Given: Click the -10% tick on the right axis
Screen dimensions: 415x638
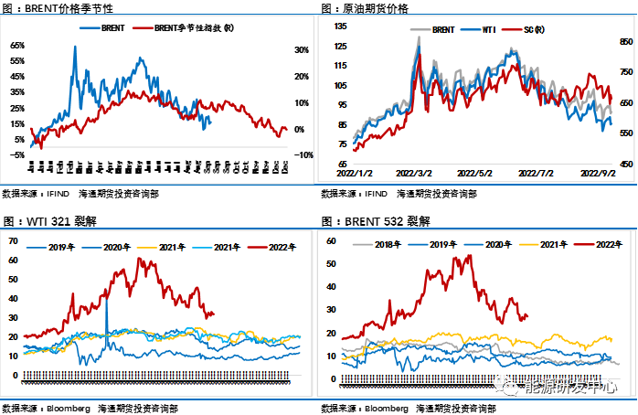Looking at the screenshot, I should [x=305, y=154].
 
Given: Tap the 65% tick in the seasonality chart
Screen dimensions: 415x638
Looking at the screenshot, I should [x=17, y=44].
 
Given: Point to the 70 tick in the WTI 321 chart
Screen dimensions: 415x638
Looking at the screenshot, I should [x=14, y=240].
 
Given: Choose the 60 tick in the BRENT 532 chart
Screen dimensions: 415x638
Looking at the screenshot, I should [x=333, y=240].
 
